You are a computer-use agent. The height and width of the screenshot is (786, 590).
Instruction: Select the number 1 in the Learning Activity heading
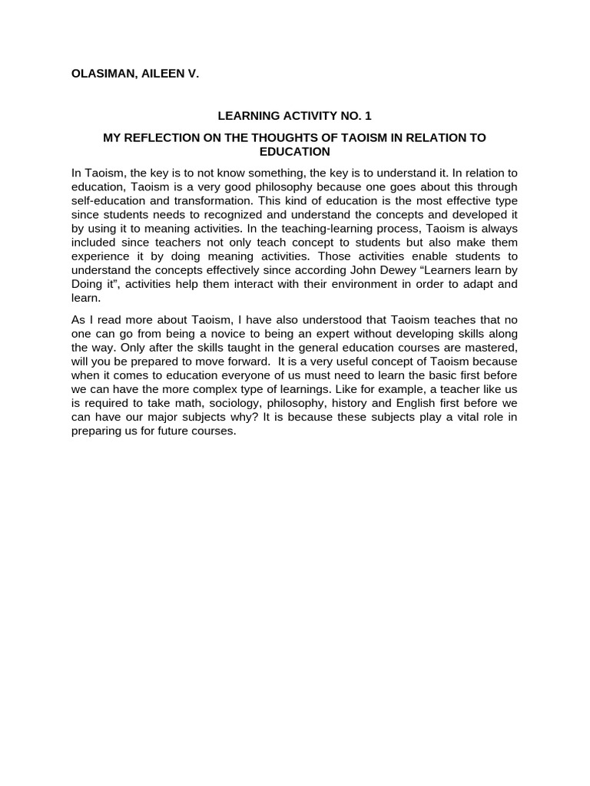(368, 116)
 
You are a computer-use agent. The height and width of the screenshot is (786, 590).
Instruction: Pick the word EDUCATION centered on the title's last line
(295, 151)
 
